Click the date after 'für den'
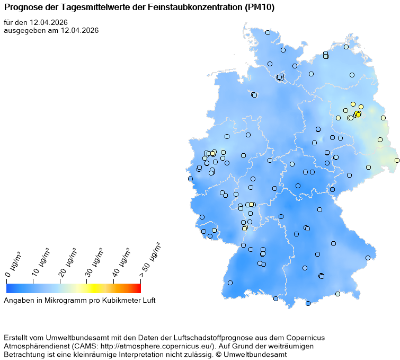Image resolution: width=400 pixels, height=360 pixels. point(49,22)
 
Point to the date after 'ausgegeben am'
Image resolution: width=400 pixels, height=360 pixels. point(79,30)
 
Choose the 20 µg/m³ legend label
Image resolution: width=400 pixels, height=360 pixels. point(69,261)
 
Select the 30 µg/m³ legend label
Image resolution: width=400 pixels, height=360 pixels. point(95,261)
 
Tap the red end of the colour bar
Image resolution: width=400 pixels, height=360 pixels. point(137,288)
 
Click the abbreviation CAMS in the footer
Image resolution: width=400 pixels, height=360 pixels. point(80,346)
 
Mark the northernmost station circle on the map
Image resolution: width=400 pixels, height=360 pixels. point(268,32)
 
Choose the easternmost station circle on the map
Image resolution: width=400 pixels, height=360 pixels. point(397,160)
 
